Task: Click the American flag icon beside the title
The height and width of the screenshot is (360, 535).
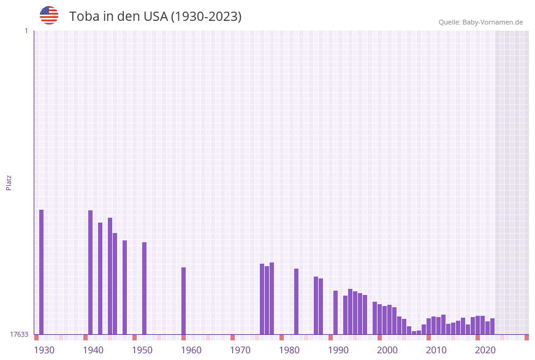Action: click(x=49, y=15)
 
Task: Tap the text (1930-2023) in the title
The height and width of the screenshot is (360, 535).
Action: click(x=206, y=17)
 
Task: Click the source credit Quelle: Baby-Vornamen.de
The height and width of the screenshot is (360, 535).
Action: click(x=480, y=22)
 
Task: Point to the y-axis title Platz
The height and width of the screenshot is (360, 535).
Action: click(x=9, y=182)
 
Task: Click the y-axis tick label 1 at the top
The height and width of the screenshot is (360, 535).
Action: click(x=26, y=31)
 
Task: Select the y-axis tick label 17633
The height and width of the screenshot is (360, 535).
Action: click(x=19, y=334)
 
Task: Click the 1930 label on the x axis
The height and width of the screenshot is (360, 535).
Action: click(x=44, y=350)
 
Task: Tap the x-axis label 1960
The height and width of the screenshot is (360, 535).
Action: click(x=191, y=350)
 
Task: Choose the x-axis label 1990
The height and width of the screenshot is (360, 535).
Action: click(x=338, y=350)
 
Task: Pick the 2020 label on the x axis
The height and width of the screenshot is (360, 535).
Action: click(x=485, y=350)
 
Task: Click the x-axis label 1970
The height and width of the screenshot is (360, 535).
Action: click(x=240, y=350)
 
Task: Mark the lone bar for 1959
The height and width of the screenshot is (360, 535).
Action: click(x=183, y=301)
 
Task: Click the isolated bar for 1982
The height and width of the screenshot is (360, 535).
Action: click(x=296, y=301)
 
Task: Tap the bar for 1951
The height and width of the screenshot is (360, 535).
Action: click(x=145, y=288)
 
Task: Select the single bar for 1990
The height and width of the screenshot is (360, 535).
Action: click(x=336, y=312)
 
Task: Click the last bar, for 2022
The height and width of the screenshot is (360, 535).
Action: click(x=492, y=326)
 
